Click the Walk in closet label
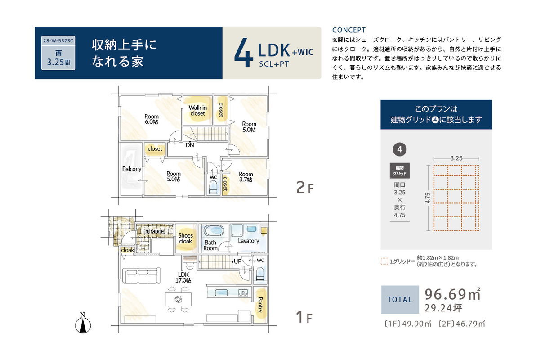click(x=197, y=111)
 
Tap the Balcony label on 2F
click(x=132, y=169)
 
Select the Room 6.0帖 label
click(x=151, y=119)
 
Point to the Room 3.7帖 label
click(x=246, y=177)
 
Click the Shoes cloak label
click(x=185, y=238)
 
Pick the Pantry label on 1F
click(x=260, y=305)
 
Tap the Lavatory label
click(x=249, y=241)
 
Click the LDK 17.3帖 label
click(x=183, y=278)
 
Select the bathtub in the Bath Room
click(x=214, y=230)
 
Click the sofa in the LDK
click(x=141, y=275)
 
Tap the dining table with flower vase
click(x=179, y=299)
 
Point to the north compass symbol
click(x=83, y=323)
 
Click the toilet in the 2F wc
click(x=213, y=188)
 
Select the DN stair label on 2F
click(x=190, y=145)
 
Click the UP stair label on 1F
click(x=237, y=261)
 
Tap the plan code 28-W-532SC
click(x=58, y=40)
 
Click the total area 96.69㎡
click(x=453, y=294)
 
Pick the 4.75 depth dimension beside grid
click(x=428, y=198)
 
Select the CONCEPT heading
click(x=349, y=30)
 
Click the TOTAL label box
click(x=400, y=299)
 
